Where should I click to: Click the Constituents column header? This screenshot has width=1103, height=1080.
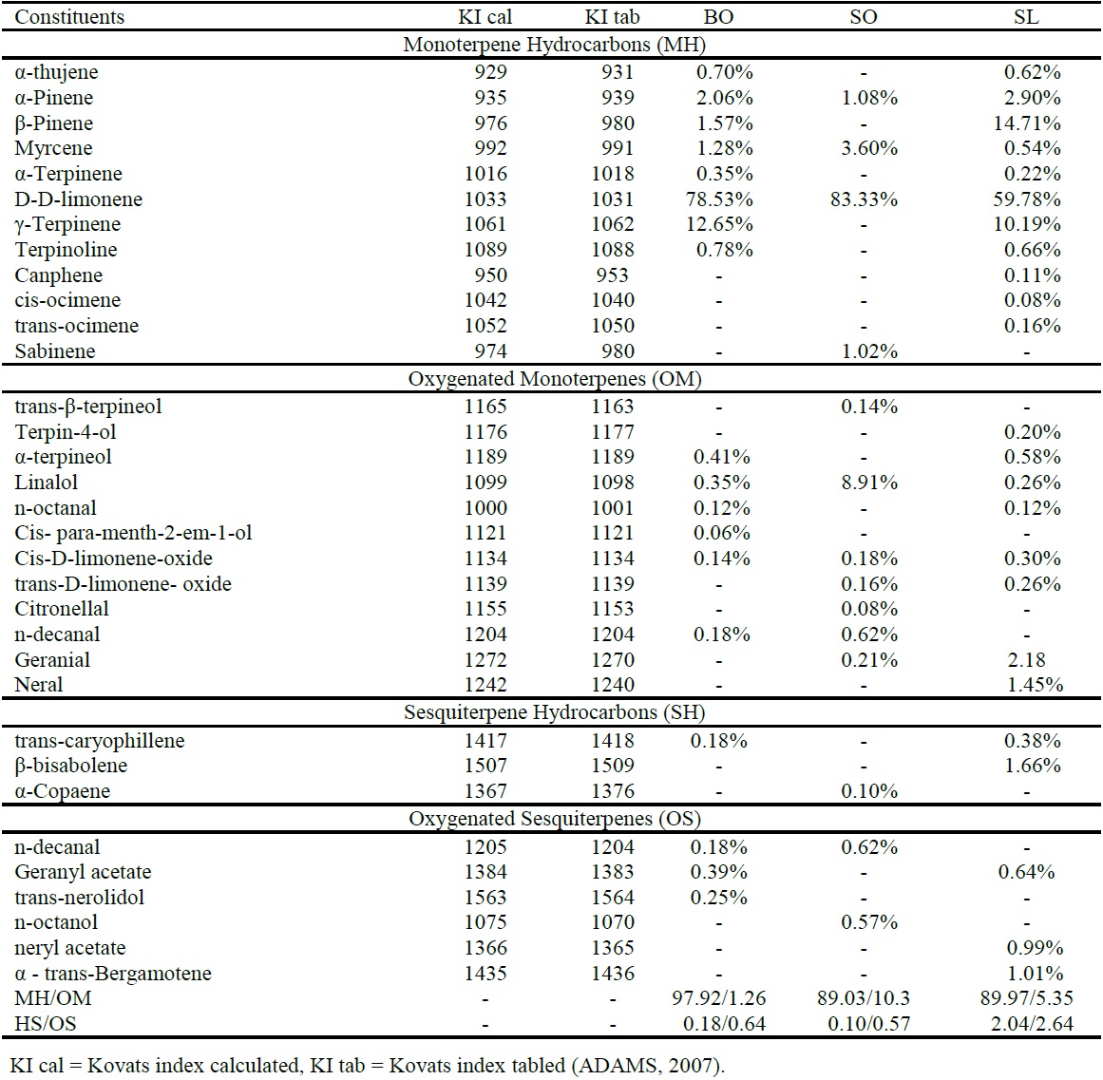pos(69,17)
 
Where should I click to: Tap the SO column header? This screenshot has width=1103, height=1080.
pos(863,17)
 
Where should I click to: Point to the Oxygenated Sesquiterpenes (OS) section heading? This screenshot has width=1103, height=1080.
pos(555,819)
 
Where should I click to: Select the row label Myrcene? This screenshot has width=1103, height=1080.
pos(53,148)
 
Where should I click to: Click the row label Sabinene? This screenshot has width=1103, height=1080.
pos(55,351)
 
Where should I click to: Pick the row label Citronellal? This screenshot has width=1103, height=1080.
pos(62,609)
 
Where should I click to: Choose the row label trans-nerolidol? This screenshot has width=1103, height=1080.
pos(80,898)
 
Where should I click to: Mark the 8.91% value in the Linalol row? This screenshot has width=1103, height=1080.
pos(868,483)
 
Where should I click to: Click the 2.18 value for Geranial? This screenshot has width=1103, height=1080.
pos(1026,660)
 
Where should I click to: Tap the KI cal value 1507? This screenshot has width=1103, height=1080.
pos(485,766)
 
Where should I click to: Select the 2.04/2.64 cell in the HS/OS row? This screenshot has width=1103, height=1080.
pos(1026,1024)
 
